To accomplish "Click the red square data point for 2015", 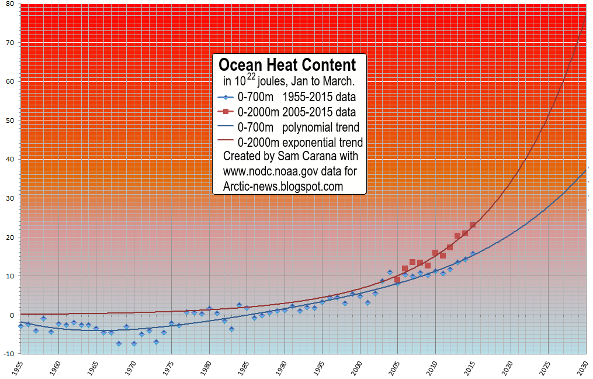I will pyautogui.click(x=473, y=225).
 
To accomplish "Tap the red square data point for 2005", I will pyautogui.click(x=397, y=280).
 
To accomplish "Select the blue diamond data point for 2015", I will pyautogui.click(x=473, y=254).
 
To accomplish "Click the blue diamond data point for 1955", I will pyautogui.click(x=21, y=326).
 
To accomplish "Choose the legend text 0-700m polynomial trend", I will pyautogui.click(x=298, y=127).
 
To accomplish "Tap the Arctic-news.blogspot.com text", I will pyautogui.click(x=283, y=186).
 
